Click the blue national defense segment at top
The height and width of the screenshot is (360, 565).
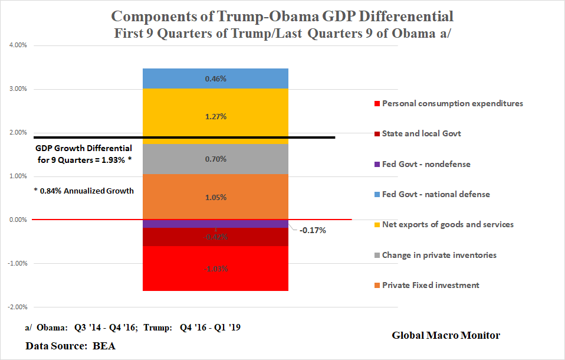point(215,78)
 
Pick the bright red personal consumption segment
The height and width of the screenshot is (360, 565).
point(215,269)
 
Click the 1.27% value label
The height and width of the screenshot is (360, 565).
point(215,116)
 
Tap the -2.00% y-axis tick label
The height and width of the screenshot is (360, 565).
point(19,307)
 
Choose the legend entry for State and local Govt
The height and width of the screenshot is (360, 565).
point(421,133)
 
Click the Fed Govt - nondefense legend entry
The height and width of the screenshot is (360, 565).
point(426,164)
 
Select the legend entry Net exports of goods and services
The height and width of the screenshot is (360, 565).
point(447,224)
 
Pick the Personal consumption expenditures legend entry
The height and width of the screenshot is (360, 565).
point(452,103)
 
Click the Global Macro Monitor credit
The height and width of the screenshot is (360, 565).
point(446,335)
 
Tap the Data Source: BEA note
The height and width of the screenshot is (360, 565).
point(70,345)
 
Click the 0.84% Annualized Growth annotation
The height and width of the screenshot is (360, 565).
point(83,191)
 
